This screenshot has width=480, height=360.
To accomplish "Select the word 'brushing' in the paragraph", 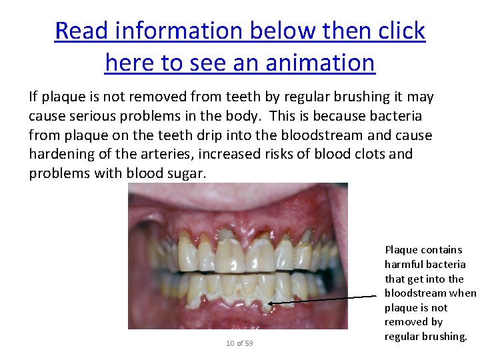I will click(339, 97).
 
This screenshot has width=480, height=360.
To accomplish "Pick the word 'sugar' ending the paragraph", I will click(189, 173).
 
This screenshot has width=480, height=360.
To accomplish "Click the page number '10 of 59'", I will click(239, 343).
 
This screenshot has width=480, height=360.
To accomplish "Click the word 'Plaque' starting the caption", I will click(401, 250).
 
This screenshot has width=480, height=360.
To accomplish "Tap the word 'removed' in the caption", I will click(404, 322).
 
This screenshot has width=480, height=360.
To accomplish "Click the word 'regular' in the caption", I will click(403, 337).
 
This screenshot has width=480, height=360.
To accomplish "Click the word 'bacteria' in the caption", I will click(445, 265).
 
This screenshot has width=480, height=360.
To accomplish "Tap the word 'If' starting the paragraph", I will click(33, 97).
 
